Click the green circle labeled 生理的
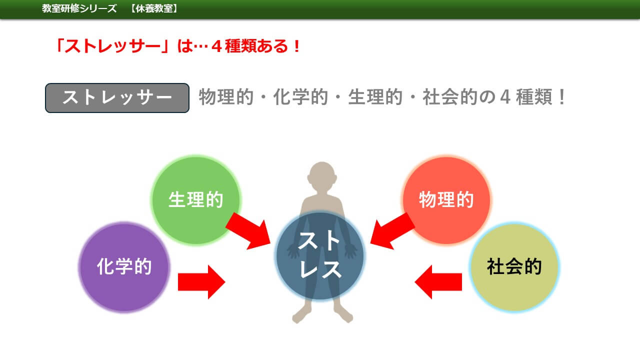[x=196, y=200]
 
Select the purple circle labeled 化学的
[x=124, y=267]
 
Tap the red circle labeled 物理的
[x=446, y=200]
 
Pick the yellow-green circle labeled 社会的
[x=514, y=267]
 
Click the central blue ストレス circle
[x=320, y=255]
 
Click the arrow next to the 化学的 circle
[x=201, y=282]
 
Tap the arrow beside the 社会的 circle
[x=438, y=282]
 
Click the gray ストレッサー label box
[x=117, y=98]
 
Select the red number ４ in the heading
[x=217, y=46]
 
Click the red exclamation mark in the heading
[x=297, y=46]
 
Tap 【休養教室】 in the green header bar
[x=154, y=8]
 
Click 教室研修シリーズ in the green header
[x=79, y=8]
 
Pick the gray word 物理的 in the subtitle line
[x=226, y=97]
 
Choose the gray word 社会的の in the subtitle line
[x=459, y=97]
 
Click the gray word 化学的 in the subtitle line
[x=300, y=97]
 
